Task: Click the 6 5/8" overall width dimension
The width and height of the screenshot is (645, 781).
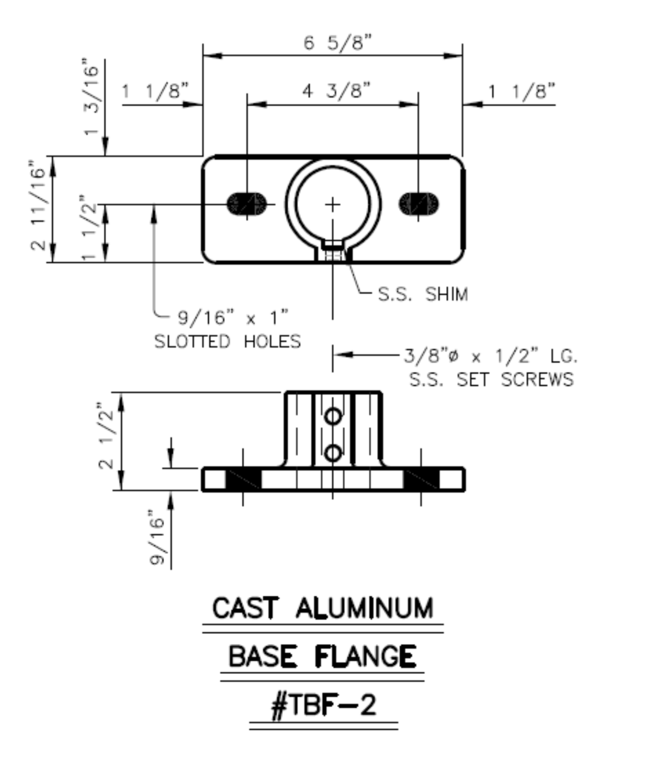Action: [x=337, y=43]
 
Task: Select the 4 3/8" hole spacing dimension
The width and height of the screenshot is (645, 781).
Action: [x=337, y=91]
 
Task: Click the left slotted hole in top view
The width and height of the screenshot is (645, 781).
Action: [x=247, y=204]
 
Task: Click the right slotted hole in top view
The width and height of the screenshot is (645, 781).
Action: [x=418, y=204]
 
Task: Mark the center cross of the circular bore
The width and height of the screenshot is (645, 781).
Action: [x=332, y=205]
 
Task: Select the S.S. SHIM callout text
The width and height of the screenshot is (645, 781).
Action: [x=423, y=295]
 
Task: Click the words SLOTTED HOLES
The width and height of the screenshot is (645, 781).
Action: [x=228, y=342]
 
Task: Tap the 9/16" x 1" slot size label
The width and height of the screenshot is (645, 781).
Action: [x=233, y=318]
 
